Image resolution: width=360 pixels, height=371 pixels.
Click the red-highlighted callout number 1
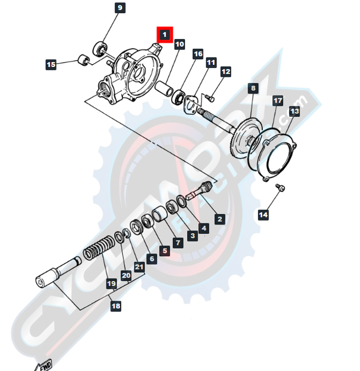[x=165, y=35]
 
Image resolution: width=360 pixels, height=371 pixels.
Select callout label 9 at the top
[x=120, y=8]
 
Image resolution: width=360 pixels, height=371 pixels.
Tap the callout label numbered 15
[x=51, y=65]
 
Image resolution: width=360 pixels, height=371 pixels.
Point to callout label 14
[x=263, y=215]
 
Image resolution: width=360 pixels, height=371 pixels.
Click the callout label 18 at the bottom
[x=115, y=306]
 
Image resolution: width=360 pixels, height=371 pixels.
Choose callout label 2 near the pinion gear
[x=220, y=219]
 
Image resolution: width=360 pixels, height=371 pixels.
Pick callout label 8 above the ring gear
[x=252, y=88]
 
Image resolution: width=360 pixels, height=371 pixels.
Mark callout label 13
[x=295, y=112]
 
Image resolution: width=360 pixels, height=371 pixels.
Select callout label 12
[x=226, y=72]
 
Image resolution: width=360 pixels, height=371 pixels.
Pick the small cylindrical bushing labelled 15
[x=83, y=59]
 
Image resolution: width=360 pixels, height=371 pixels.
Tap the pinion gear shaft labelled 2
[x=199, y=192]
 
